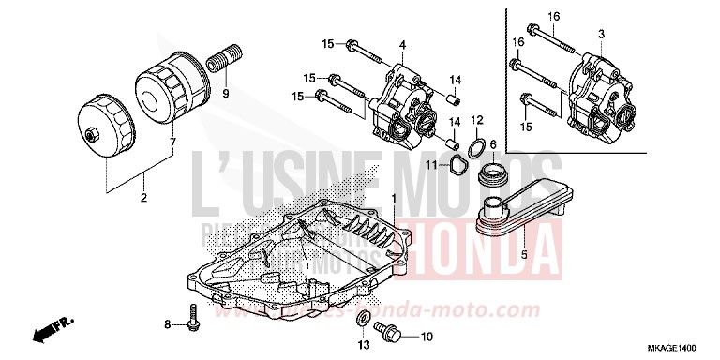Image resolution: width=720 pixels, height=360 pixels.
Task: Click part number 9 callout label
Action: pos(225,95)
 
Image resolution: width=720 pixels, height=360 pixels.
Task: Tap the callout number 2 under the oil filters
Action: pos(143,199)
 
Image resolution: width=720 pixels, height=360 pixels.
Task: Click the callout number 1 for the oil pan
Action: pos(394,199)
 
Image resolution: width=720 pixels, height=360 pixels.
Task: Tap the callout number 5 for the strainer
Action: pos(523,253)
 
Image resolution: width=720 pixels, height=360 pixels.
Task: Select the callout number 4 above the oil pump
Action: pos(402,44)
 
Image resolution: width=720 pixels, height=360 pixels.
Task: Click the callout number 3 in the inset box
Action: pos(601,34)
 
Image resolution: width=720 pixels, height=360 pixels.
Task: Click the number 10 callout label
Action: pos(426,337)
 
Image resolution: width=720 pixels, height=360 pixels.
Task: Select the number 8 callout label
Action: pos(168,324)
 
